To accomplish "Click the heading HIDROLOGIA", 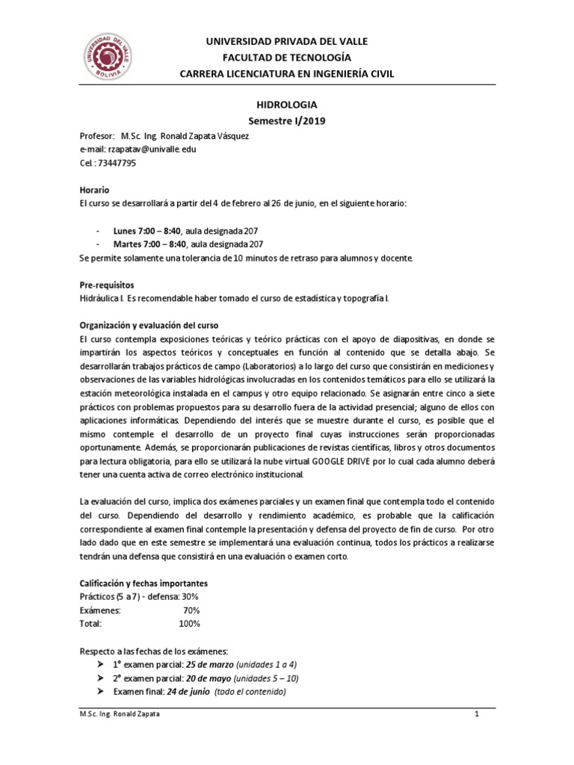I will click(286, 106).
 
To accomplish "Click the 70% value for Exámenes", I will click(191, 610).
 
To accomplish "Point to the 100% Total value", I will click(190, 623).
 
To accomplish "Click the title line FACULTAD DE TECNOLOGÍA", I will click(287, 57).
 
